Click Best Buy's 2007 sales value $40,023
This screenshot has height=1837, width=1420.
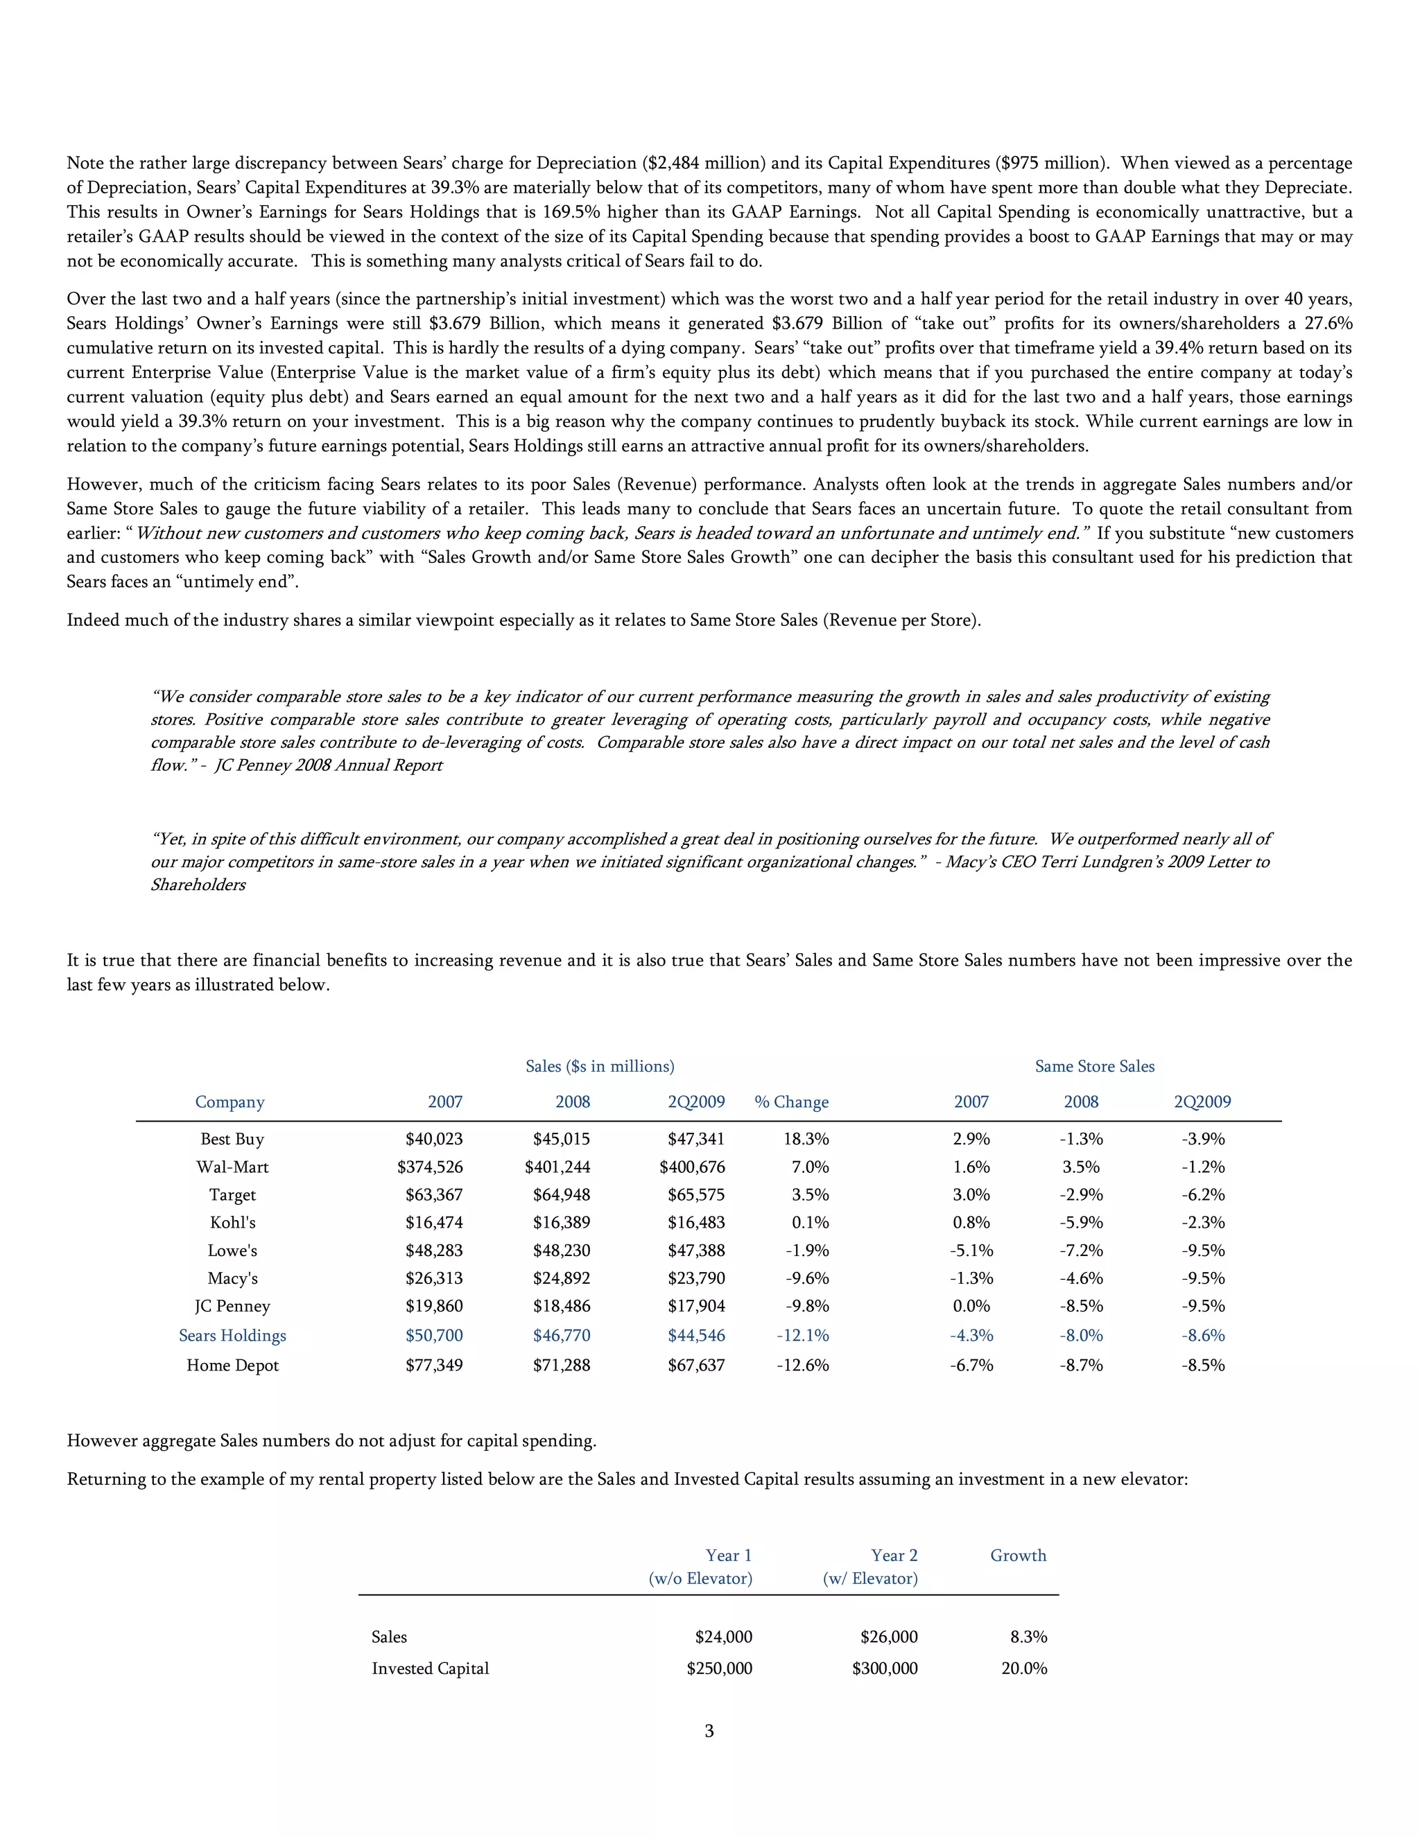pyautogui.click(x=434, y=1139)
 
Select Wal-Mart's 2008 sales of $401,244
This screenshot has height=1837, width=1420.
pyautogui.click(x=557, y=1167)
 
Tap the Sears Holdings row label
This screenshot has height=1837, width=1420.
pyautogui.click(x=232, y=1335)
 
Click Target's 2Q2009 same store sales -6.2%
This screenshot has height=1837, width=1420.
pyautogui.click(x=1203, y=1194)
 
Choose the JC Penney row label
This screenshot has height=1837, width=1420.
pyautogui.click(x=232, y=1306)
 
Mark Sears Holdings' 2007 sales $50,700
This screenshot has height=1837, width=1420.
pyautogui.click(x=434, y=1335)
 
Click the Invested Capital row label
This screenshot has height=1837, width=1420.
pyautogui.click(x=430, y=1668)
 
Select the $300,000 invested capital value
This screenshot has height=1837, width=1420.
pyautogui.click(x=884, y=1668)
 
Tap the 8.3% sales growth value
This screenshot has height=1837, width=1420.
pyautogui.click(x=1028, y=1637)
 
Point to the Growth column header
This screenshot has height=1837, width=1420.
pyautogui.click(x=1018, y=1556)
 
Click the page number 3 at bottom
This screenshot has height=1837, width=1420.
pyautogui.click(x=709, y=1730)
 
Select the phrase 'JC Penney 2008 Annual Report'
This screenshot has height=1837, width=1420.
pyautogui.click(x=328, y=765)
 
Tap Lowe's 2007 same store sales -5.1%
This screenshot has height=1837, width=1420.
pyautogui.click(x=971, y=1251)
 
